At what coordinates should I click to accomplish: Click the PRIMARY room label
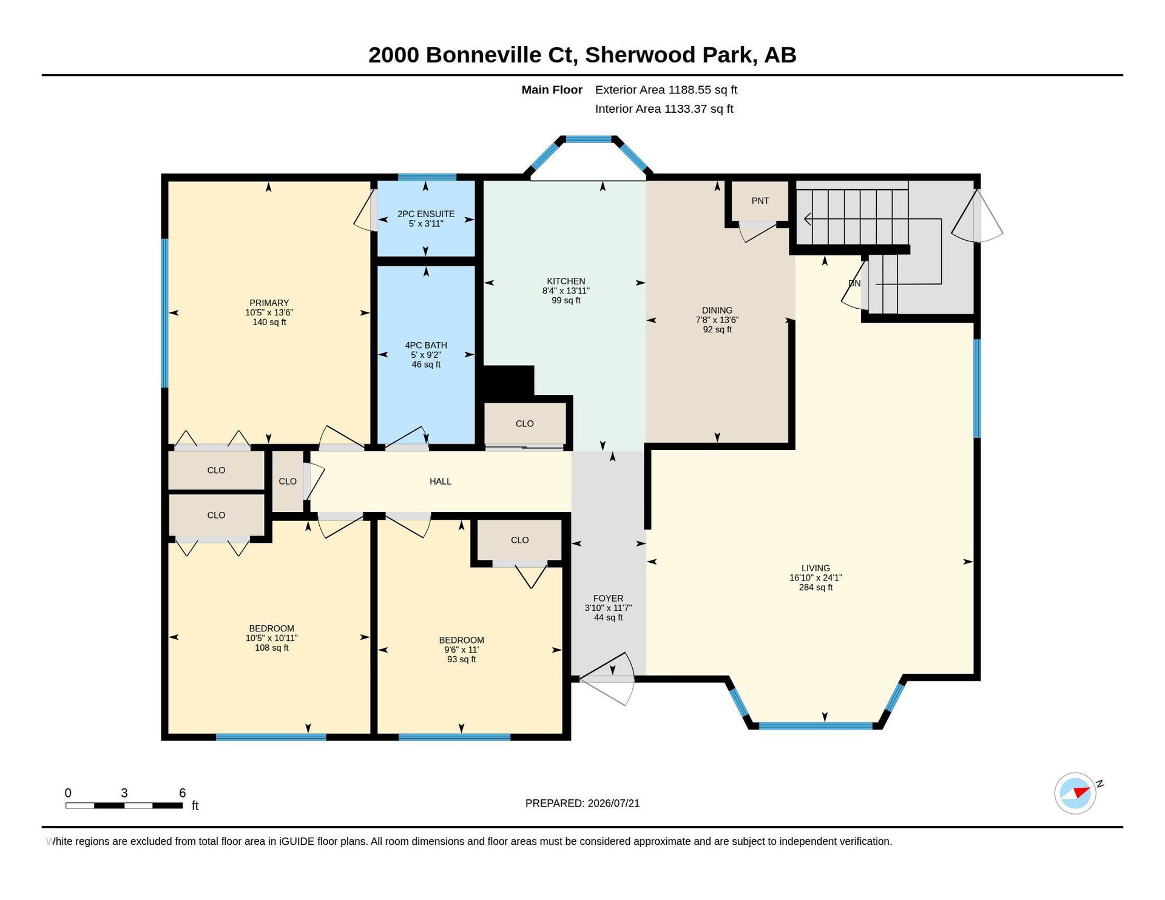[269, 303]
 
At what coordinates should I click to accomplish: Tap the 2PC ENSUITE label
[426, 214]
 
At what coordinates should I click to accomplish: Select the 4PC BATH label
[426, 345]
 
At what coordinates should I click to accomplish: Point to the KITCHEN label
[566, 281]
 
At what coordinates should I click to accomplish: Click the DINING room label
[717, 310]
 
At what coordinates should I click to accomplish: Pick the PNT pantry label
[760, 201]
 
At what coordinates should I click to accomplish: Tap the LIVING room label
[815, 568]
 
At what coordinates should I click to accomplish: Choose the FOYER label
[608, 598]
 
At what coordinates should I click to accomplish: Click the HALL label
[441, 481]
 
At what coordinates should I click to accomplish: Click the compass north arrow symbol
[1081, 792]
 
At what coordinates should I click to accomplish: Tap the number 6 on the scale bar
[182, 793]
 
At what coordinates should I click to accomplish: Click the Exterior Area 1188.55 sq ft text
[666, 90]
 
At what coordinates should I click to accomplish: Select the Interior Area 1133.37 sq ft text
[664, 109]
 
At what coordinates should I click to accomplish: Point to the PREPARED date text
[582, 803]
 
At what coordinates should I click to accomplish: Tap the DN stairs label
[854, 283]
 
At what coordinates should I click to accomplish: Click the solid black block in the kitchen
[508, 381]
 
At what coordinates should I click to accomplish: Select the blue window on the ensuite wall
[427, 177]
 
